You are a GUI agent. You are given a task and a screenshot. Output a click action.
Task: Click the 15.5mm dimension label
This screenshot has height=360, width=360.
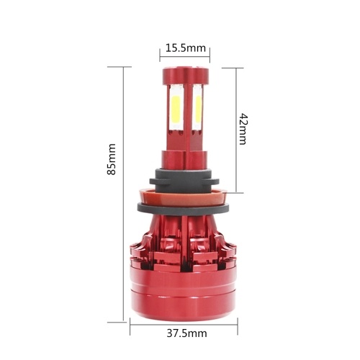(x=186, y=48)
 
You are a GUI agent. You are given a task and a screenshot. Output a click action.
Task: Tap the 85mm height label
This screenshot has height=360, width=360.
(x=112, y=159)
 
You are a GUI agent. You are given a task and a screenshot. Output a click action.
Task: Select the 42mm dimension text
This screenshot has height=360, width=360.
(x=243, y=129)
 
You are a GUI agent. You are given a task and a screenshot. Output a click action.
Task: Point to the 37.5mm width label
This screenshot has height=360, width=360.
(x=186, y=333)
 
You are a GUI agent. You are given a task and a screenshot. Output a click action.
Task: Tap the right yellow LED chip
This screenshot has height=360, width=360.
(x=198, y=111)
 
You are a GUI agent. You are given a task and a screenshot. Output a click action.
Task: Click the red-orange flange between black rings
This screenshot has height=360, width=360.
(x=183, y=197)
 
